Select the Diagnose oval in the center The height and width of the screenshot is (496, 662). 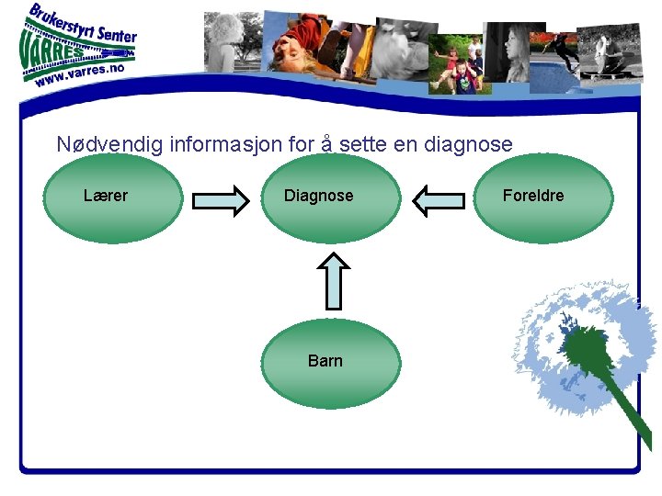(330, 198)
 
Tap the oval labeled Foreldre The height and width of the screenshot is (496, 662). (542, 198)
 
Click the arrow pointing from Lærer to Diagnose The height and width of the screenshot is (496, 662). (221, 199)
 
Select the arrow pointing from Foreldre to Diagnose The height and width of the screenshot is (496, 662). (439, 199)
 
